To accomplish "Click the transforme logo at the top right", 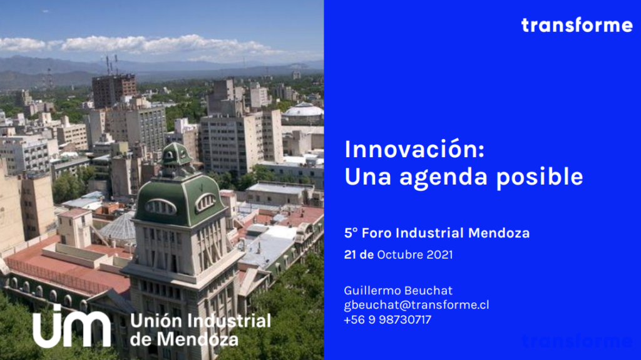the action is (x=577, y=26).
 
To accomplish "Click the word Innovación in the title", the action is (x=414, y=149).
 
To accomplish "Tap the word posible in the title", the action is (x=540, y=177).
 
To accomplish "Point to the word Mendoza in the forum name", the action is (x=499, y=233).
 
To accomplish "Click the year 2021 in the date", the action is (x=439, y=255).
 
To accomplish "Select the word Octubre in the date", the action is (x=400, y=255).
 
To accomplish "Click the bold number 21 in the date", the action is (x=350, y=255).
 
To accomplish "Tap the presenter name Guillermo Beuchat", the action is (x=398, y=291).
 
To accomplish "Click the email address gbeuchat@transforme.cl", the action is (x=416, y=305).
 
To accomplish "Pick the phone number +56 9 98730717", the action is (x=387, y=319).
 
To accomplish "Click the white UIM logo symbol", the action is (x=71, y=326).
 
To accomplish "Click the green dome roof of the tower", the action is (x=180, y=200).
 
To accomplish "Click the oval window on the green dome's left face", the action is (x=160, y=207).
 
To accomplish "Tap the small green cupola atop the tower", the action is (x=176, y=154).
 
